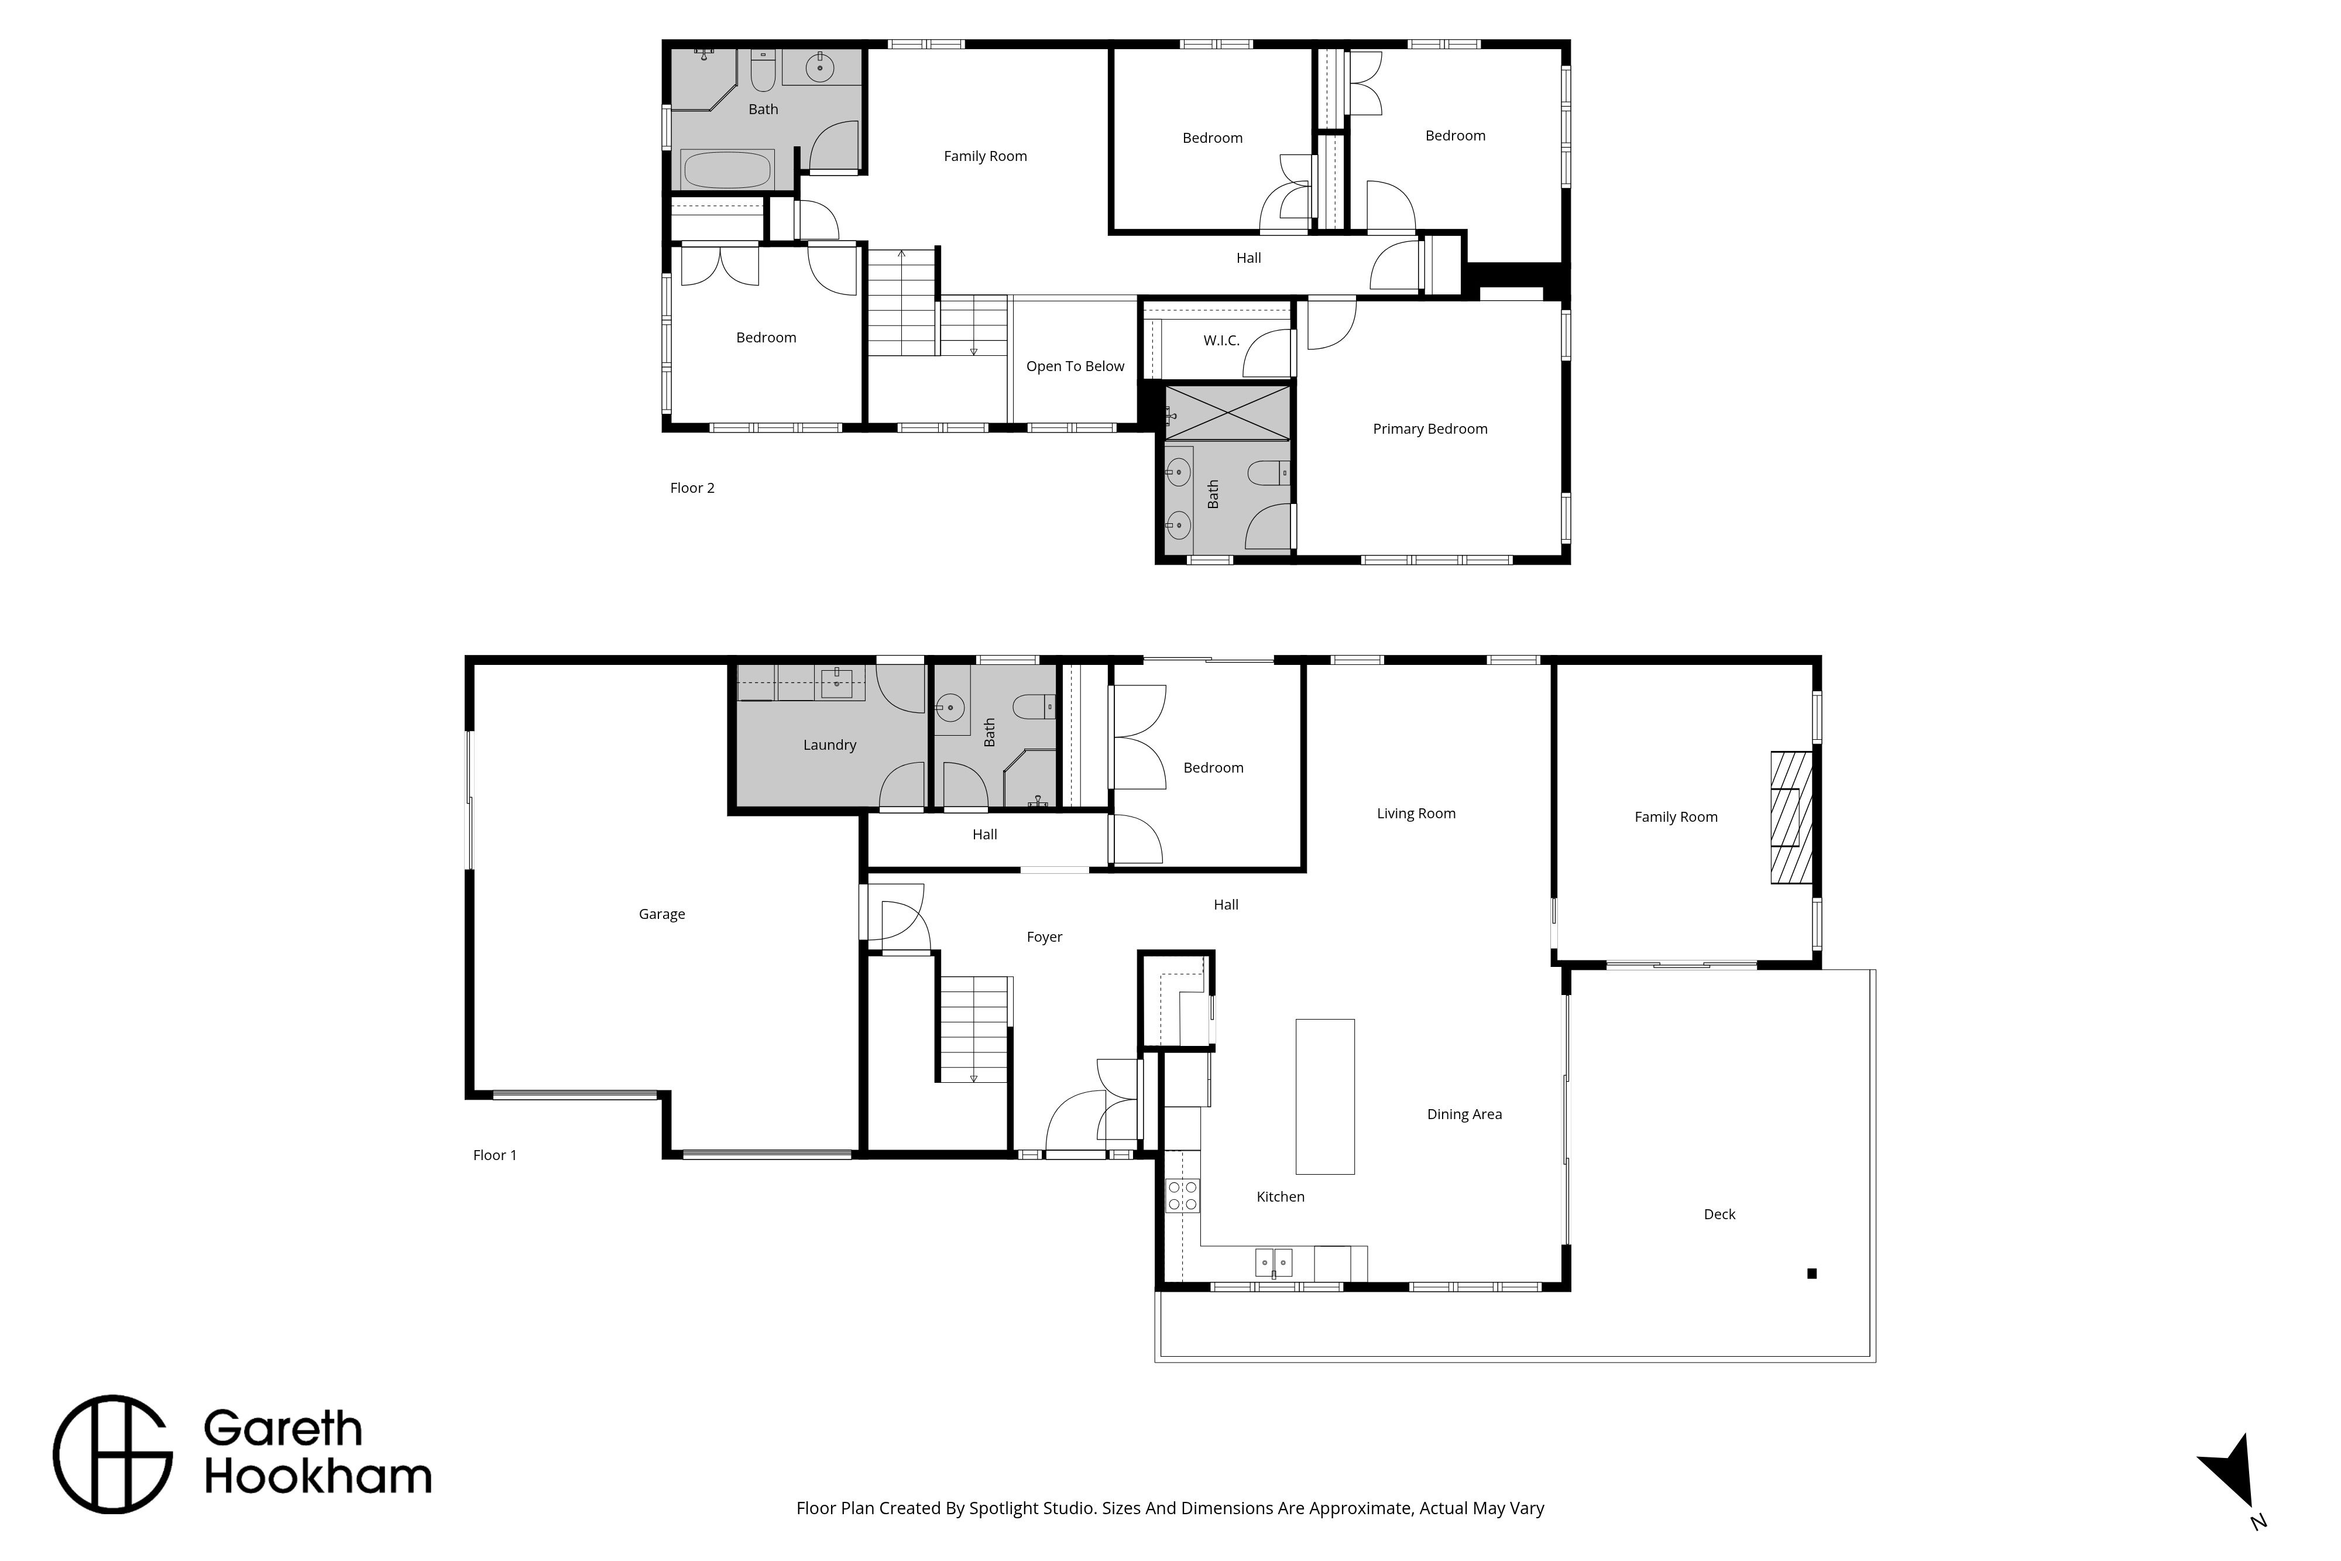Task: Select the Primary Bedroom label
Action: [1430, 429]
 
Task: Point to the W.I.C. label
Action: [1221, 341]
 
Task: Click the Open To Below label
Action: [1075, 366]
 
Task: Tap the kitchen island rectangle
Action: [1325, 1096]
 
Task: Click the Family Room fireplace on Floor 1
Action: [1791, 817]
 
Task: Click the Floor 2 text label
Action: [692, 488]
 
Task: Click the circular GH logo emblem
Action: [112, 1454]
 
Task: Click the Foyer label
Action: [1044, 938]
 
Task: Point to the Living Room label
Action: [1415, 814]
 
